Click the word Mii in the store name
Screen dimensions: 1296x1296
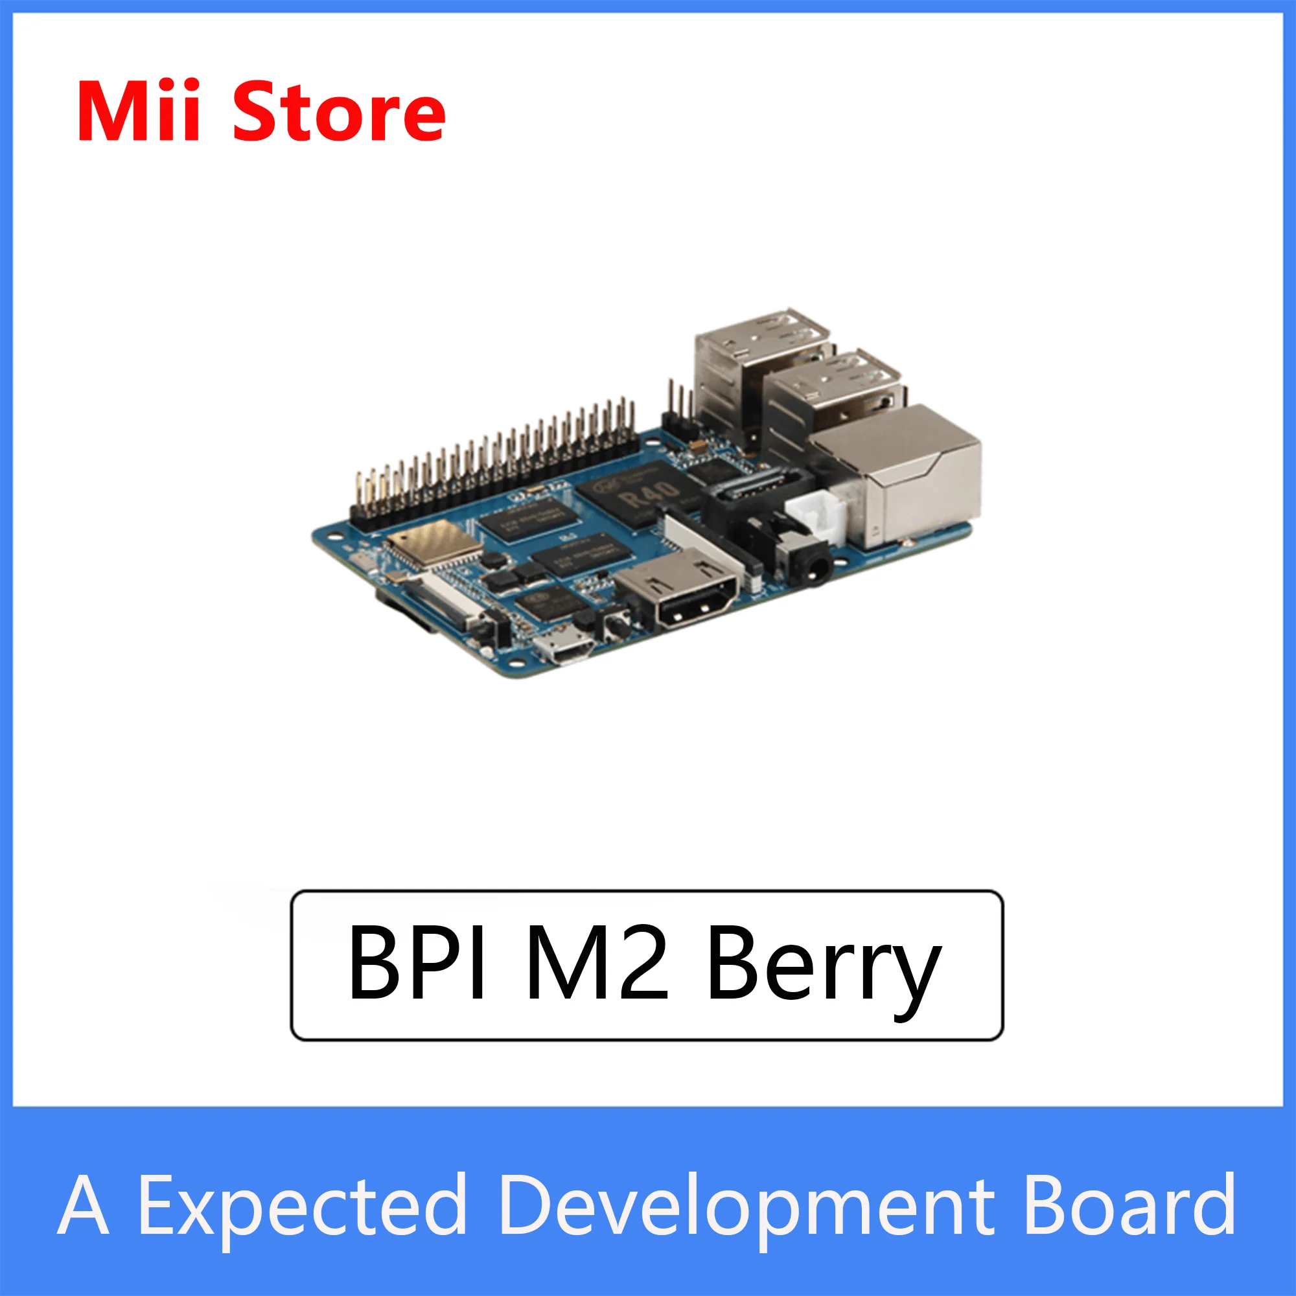pyautogui.click(x=138, y=111)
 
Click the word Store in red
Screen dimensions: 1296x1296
pyautogui.click(x=339, y=111)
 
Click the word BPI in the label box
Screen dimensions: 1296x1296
pyautogui.click(x=417, y=965)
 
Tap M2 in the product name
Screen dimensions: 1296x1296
pyautogui.click(x=596, y=965)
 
